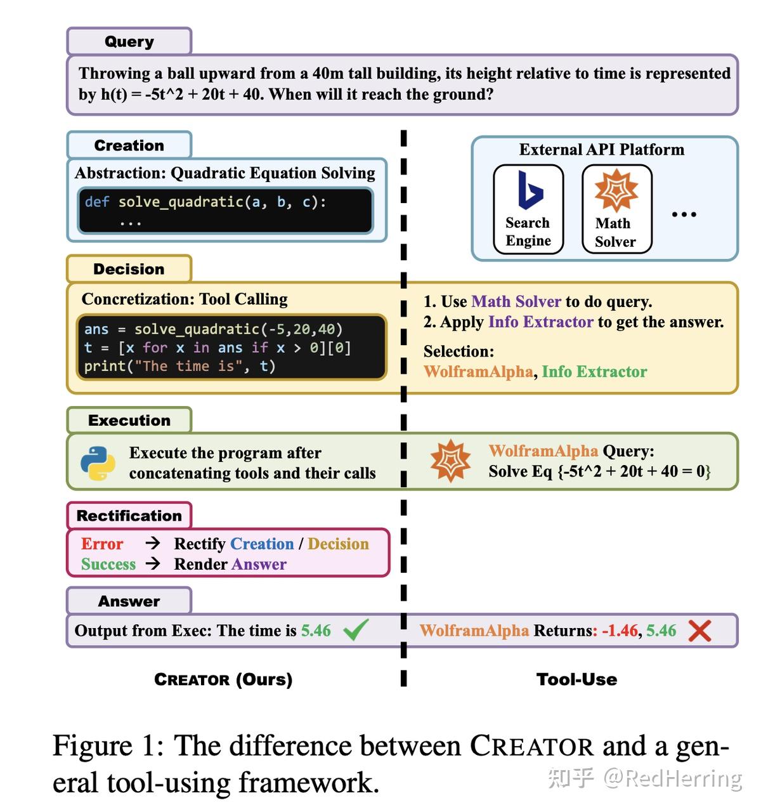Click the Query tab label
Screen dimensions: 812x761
129,42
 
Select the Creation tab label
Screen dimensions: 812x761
129,145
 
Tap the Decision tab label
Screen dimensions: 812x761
129,269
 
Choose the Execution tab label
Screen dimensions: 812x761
129,420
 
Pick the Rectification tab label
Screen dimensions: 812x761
129,516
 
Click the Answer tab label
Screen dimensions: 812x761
129,601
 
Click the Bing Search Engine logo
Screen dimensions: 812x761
530,190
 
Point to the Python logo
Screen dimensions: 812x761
98,463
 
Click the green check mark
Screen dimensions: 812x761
356,630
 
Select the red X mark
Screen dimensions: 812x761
700,631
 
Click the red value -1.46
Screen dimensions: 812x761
620,631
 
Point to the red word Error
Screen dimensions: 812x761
102,544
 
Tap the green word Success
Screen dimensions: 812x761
108,564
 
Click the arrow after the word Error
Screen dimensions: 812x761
152,543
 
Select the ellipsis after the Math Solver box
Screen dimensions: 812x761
684,214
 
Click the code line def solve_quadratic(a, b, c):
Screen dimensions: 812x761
205,202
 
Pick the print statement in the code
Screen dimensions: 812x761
179,366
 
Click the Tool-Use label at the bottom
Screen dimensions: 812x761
576,679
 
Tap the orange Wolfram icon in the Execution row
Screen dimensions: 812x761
450,461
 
